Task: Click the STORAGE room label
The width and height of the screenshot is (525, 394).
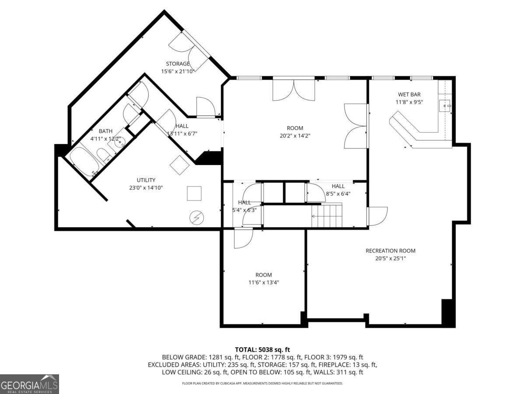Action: pyautogui.click(x=178, y=64)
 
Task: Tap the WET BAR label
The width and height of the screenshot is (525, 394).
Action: pyautogui.click(x=409, y=94)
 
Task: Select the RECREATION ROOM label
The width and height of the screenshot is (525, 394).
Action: pyautogui.click(x=390, y=251)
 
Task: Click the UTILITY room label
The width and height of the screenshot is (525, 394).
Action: pyautogui.click(x=146, y=180)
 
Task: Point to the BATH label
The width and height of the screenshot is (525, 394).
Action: pyautogui.click(x=105, y=131)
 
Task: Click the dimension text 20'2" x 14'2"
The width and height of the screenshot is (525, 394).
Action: pyautogui.click(x=295, y=135)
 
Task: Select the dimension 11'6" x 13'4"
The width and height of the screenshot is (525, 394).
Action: pyautogui.click(x=263, y=282)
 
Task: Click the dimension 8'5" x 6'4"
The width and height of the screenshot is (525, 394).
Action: pyautogui.click(x=338, y=193)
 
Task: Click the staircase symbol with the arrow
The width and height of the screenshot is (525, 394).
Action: pyautogui.click(x=327, y=215)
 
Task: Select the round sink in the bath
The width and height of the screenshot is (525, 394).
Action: pyautogui.click(x=118, y=141)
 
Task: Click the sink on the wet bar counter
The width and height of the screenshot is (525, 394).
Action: pyautogui.click(x=445, y=105)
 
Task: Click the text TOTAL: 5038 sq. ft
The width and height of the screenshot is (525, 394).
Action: pyautogui.click(x=262, y=349)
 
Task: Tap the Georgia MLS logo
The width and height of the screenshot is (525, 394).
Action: pyautogui.click(x=29, y=384)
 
